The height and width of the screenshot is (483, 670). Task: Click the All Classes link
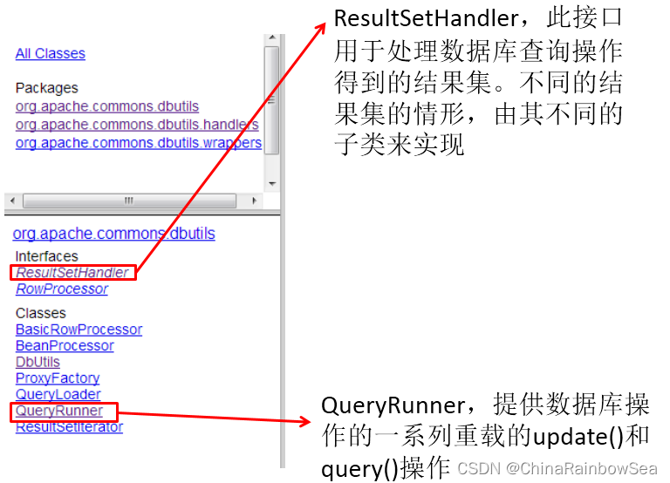(51, 53)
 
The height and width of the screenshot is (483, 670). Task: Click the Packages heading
(46, 88)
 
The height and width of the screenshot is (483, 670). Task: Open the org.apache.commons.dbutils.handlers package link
(137, 125)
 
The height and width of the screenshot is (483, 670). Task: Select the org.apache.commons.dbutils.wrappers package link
(139, 143)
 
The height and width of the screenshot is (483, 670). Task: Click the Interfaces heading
(46, 256)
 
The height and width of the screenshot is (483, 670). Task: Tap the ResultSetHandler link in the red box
(72, 273)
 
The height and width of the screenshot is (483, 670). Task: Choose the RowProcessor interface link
(62, 289)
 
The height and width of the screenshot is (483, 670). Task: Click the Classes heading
(41, 313)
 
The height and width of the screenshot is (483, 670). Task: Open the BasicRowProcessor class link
(79, 330)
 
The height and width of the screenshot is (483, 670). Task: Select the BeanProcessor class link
(65, 345)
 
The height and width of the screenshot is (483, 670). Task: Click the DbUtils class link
(38, 362)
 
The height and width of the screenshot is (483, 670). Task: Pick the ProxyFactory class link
(58, 378)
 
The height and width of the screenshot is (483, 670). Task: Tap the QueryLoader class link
(58, 394)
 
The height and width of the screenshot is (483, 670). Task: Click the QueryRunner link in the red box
(59, 411)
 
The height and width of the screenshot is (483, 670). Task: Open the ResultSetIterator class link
(69, 426)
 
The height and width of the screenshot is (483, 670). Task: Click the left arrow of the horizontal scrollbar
(13, 201)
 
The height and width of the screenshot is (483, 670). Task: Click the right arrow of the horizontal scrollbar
(255, 201)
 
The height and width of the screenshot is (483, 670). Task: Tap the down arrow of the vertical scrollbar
(272, 184)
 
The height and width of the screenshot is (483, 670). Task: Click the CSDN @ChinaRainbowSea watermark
(557, 468)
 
